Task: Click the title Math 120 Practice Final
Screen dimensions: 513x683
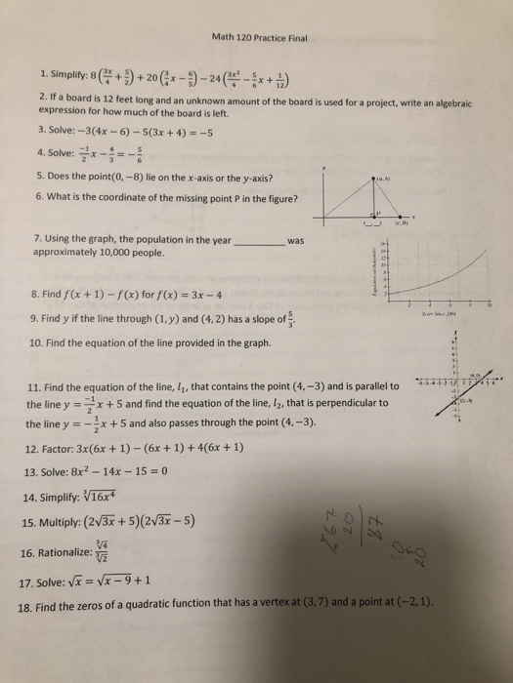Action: pyautogui.click(x=259, y=38)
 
